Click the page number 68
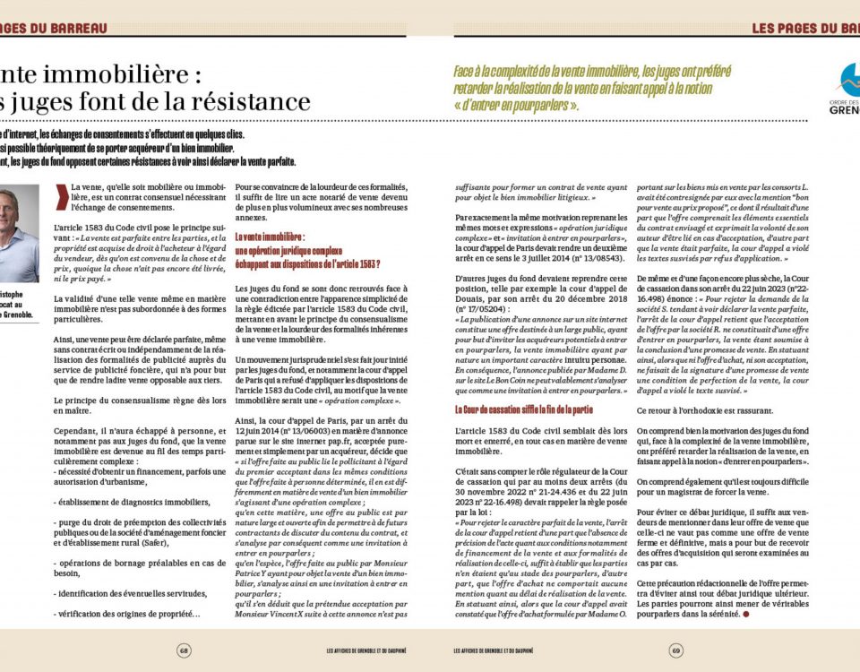[184, 650]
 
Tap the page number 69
[676, 650]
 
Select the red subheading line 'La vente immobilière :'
[270, 237]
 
